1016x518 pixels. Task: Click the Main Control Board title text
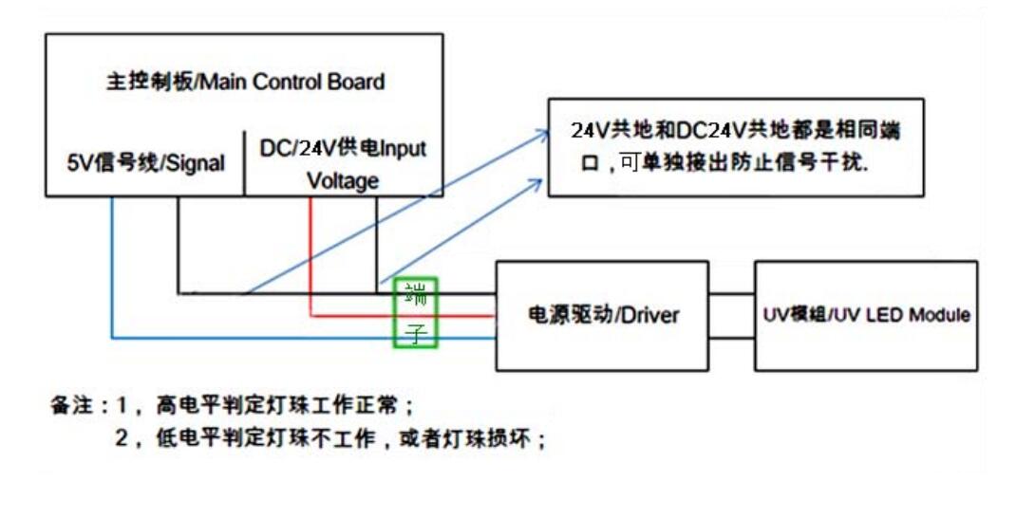pyautogui.click(x=245, y=82)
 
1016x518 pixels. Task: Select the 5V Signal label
pyautogui.click(x=146, y=163)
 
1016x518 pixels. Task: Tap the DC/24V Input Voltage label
pyautogui.click(x=343, y=164)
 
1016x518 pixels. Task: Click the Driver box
pyautogui.click(x=602, y=315)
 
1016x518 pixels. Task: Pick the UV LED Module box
pyautogui.click(x=866, y=315)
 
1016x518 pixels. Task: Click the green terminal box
pyautogui.click(x=416, y=312)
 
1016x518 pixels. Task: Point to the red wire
pyautogui.click(x=311, y=256)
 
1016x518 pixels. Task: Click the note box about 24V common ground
pyautogui.click(x=735, y=147)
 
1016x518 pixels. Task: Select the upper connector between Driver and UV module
pyautogui.click(x=731, y=294)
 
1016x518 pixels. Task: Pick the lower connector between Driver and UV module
pyautogui.click(x=731, y=337)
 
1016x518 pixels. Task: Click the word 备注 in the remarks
pyautogui.click(x=69, y=406)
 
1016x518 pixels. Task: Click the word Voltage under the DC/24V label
pyautogui.click(x=343, y=180)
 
